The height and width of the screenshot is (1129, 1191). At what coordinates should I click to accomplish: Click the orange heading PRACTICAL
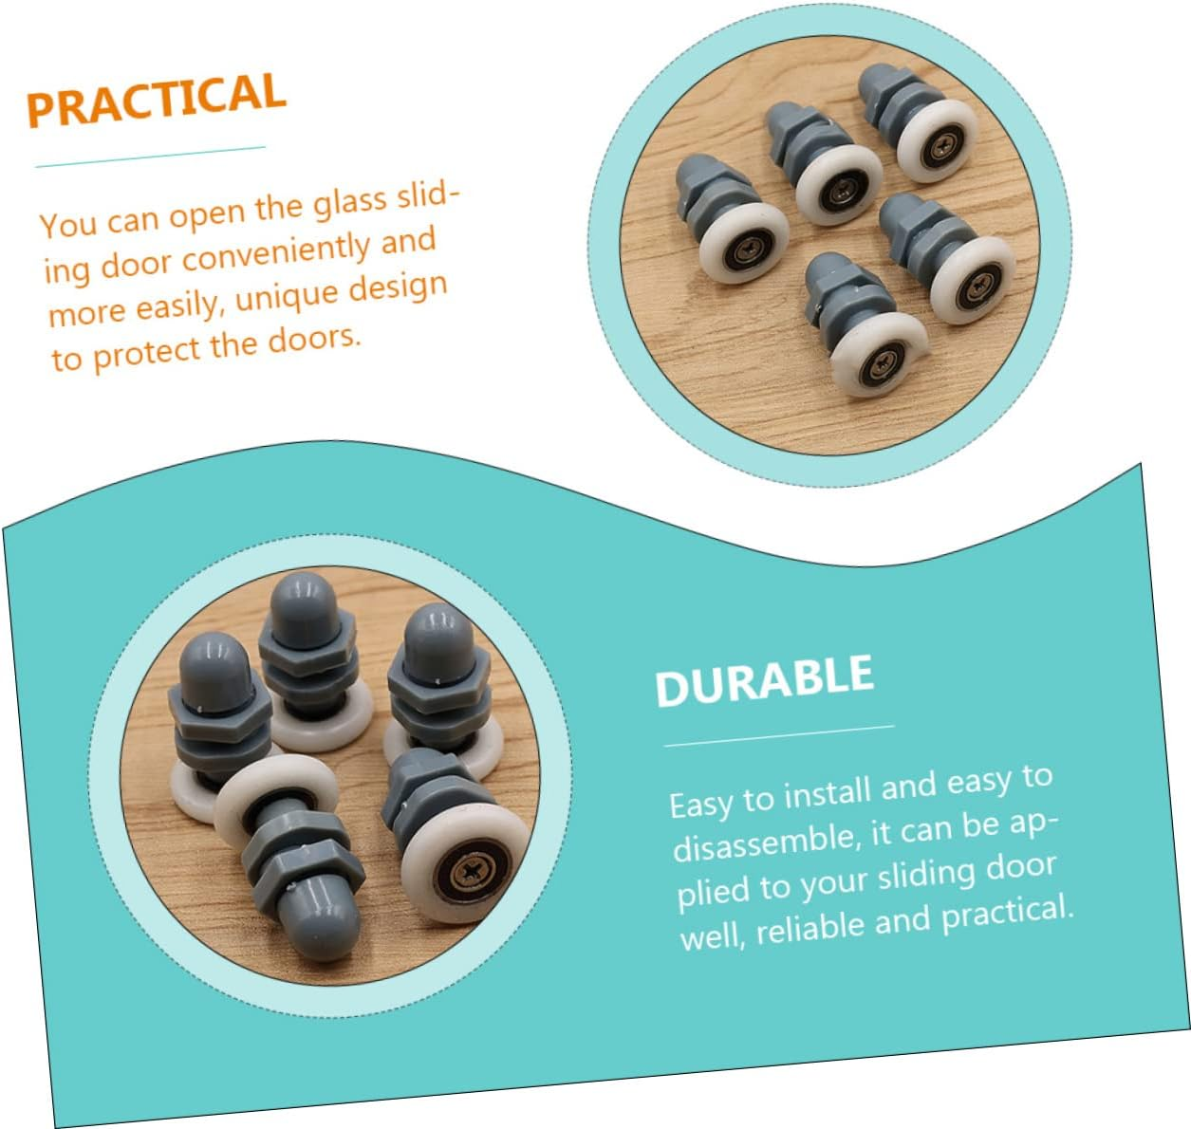tap(157, 100)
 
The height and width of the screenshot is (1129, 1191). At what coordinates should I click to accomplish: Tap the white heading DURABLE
tap(765, 680)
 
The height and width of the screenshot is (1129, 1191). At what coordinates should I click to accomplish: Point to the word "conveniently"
tap(276, 253)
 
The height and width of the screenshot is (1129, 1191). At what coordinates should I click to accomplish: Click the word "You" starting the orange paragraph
tap(67, 224)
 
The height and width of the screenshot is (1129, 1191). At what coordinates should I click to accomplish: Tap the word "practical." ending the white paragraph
tap(1008, 914)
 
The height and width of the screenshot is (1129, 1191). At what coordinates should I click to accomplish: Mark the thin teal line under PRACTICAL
tap(150, 157)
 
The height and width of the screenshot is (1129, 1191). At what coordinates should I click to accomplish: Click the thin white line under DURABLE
tap(779, 736)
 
